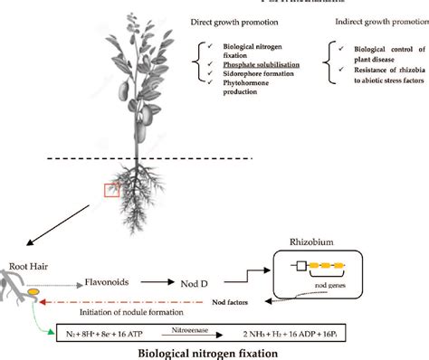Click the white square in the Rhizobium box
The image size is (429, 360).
pos(298,268)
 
